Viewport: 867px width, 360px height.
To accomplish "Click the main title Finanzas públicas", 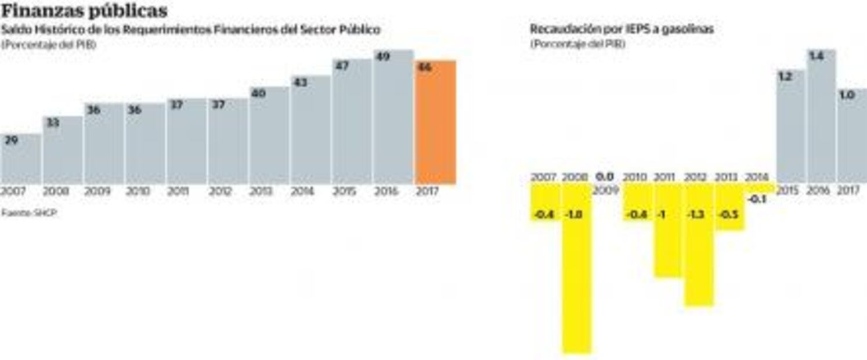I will pos(85,10).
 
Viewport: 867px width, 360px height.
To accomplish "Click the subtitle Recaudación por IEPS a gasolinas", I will pos(622,29).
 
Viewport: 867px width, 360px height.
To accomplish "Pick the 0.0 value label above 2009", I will pos(605,177).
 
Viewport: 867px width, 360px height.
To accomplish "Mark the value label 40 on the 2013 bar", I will pos(258,93).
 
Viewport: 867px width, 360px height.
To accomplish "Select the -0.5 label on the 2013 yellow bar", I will pos(728,215).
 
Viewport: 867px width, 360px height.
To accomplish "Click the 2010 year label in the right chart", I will pos(635,177).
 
